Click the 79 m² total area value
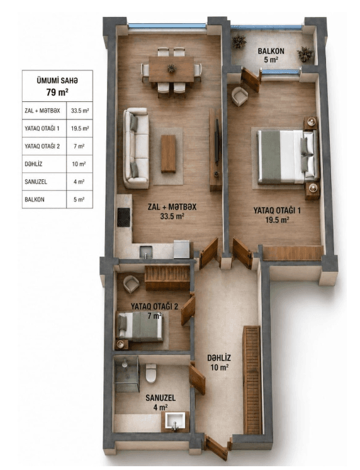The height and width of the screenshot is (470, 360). pyautogui.click(x=57, y=92)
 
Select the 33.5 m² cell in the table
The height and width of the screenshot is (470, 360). pyautogui.click(x=80, y=111)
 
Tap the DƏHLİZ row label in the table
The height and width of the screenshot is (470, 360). pyautogui.click(x=33, y=164)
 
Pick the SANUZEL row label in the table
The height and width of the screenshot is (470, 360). pyautogui.click(x=36, y=182)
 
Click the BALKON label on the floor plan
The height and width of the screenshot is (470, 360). pyautogui.click(x=271, y=51)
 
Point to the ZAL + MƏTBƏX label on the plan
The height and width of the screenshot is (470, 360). pyautogui.click(x=172, y=207)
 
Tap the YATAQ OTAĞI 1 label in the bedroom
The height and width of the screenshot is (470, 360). pyautogui.click(x=277, y=210)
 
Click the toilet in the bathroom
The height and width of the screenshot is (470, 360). pyautogui.click(x=151, y=372)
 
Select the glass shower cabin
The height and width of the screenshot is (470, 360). pyautogui.click(x=127, y=374)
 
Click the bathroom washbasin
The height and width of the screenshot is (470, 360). pyautogui.click(x=175, y=421)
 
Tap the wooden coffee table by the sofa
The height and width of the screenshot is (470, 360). pyautogui.click(x=168, y=154)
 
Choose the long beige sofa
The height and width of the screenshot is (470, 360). pyautogui.click(x=136, y=148)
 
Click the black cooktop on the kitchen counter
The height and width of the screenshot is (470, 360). pyautogui.click(x=123, y=217)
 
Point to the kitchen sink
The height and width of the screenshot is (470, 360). pyautogui.click(x=146, y=252)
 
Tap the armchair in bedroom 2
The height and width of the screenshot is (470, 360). pyautogui.click(x=132, y=284)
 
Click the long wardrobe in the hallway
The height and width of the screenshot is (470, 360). pyautogui.click(x=252, y=380)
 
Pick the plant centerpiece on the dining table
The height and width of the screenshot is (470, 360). pyautogui.click(x=171, y=69)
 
